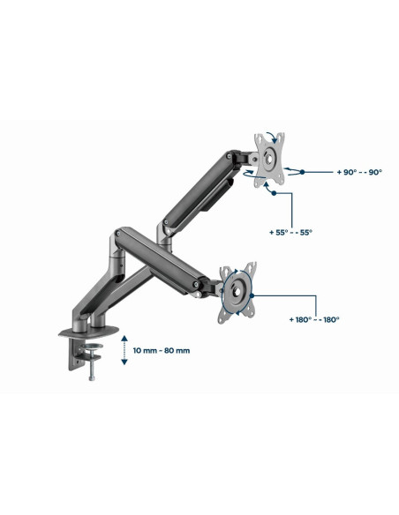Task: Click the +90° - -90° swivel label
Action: tap(359, 172)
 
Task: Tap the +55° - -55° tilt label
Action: tap(290, 232)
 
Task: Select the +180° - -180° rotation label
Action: tap(314, 319)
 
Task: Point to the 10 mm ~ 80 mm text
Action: tap(162, 350)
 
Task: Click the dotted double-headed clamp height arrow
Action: tap(124, 350)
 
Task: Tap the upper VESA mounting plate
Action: tap(269, 160)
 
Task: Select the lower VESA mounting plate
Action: tap(237, 292)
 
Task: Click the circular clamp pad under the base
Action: tap(92, 347)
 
